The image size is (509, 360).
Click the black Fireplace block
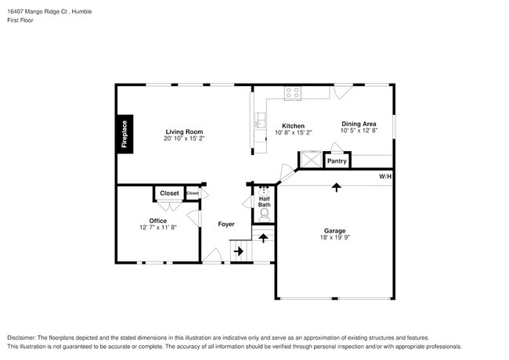pyautogui.click(x=124, y=134)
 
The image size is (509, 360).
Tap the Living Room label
pyautogui.click(x=184, y=131)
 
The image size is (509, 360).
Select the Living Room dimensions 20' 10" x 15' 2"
pyautogui.click(x=184, y=139)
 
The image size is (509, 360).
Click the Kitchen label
pyautogui.click(x=293, y=126)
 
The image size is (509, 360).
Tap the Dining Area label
pyautogui.click(x=359, y=124)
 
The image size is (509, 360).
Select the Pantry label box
pyautogui.click(x=337, y=161)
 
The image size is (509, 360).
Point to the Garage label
pyautogui.click(x=334, y=231)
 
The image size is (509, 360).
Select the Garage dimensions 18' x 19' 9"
pyautogui.click(x=334, y=239)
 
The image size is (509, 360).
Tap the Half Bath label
pyautogui.click(x=265, y=202)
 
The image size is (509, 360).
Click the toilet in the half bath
pyautogui.click(x=265, y=213)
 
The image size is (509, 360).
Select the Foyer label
pyautogui.click(x=226, y=225)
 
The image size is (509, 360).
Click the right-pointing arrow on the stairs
pyautogui.click(x=239, y=251)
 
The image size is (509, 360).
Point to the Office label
pyautogui.click(x=158, y=221)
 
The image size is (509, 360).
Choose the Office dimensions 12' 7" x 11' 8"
pyautogui.click(x=158, y=229)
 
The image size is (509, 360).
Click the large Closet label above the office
pyautogui.click(x=169, y=193)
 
